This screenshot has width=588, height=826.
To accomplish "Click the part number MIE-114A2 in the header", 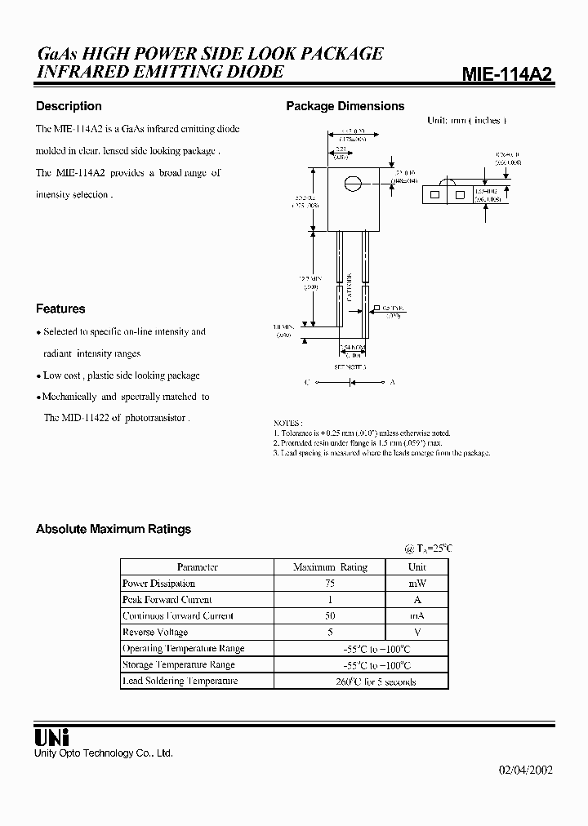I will point(507,74).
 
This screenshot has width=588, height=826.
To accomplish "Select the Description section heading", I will point(69,106).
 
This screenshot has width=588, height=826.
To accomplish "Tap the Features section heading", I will point(60,309).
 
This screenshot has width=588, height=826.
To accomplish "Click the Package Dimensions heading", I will point(345,106).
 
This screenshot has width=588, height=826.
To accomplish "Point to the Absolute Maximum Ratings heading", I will point(114,529).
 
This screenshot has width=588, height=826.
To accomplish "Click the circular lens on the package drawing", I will point(352,184).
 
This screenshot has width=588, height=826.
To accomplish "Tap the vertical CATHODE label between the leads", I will point(350,286).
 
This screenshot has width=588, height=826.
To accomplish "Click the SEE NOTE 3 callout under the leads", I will point(351,367).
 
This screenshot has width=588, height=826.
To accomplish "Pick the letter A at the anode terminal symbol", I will point(393,381).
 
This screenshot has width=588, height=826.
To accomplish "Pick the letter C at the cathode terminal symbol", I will point(307,381).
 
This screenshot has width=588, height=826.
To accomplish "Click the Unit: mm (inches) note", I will point(466,121).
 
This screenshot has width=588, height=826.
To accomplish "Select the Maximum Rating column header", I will point(330,566).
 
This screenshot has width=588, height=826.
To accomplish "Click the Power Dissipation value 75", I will point(330,584).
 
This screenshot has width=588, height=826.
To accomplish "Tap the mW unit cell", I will point(416,584).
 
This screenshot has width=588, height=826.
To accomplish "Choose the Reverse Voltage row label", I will point(155,632).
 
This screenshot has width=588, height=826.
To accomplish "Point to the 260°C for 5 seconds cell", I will point(375,682).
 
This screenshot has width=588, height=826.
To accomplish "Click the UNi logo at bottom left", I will point(51,735).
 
